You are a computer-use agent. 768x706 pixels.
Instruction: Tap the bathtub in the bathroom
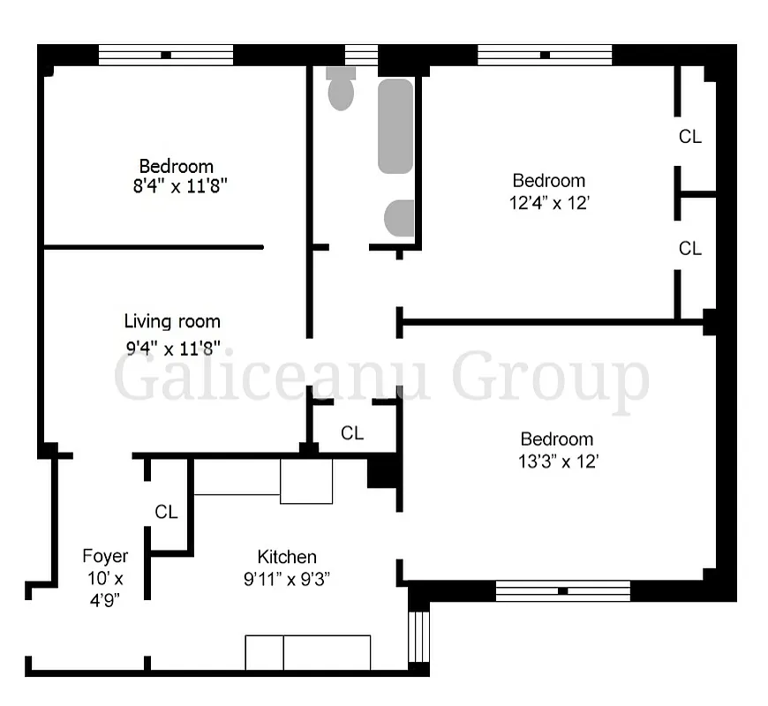(395, 126)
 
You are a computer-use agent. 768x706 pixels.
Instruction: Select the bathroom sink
(400, 218)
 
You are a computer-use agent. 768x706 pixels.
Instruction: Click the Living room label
(172, 321)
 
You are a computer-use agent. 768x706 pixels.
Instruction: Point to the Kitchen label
(287, 557)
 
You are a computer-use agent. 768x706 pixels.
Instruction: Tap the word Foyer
(105, 556)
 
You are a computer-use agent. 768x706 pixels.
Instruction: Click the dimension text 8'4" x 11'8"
(177, 185)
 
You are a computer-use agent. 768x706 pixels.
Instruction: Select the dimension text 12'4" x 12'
(549, 201)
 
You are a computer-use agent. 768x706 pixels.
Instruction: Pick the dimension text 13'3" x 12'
(557, 460)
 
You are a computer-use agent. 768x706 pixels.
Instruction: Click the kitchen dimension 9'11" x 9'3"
(287, 579)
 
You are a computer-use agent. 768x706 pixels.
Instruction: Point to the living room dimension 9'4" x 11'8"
(172, 347)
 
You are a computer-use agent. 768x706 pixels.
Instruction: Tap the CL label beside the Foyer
(166, 512)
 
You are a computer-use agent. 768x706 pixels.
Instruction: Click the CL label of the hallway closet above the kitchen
(352, 433)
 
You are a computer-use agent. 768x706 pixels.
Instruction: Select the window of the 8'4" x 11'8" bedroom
(166, 55)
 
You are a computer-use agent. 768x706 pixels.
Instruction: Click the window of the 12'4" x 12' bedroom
(545, 55)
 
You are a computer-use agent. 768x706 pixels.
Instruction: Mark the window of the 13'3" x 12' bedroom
(563, 590)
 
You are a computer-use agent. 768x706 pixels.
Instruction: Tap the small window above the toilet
(361, 55)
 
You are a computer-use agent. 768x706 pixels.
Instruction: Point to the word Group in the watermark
(551, 377)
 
